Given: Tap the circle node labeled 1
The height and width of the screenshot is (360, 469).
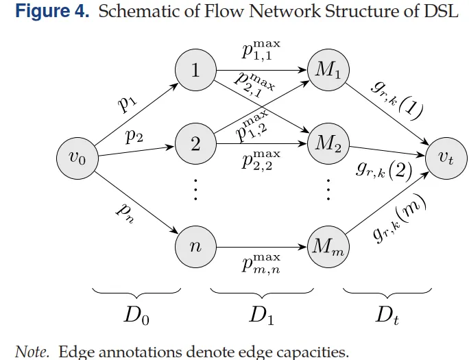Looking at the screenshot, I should click(x=195, y=69).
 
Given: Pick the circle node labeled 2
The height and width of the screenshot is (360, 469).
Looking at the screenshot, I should click(x=195, y=144).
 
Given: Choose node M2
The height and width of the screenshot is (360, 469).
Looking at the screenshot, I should click(x=328, y=144).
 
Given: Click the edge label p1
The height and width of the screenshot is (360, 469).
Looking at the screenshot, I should click(x=127, y=103).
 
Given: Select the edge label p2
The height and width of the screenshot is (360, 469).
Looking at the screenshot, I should click(x=134, y=136).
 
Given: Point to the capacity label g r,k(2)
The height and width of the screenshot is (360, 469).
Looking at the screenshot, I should click(x=384, y=169).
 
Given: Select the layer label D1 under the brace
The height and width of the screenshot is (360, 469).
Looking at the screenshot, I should click(x=262, y=317).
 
